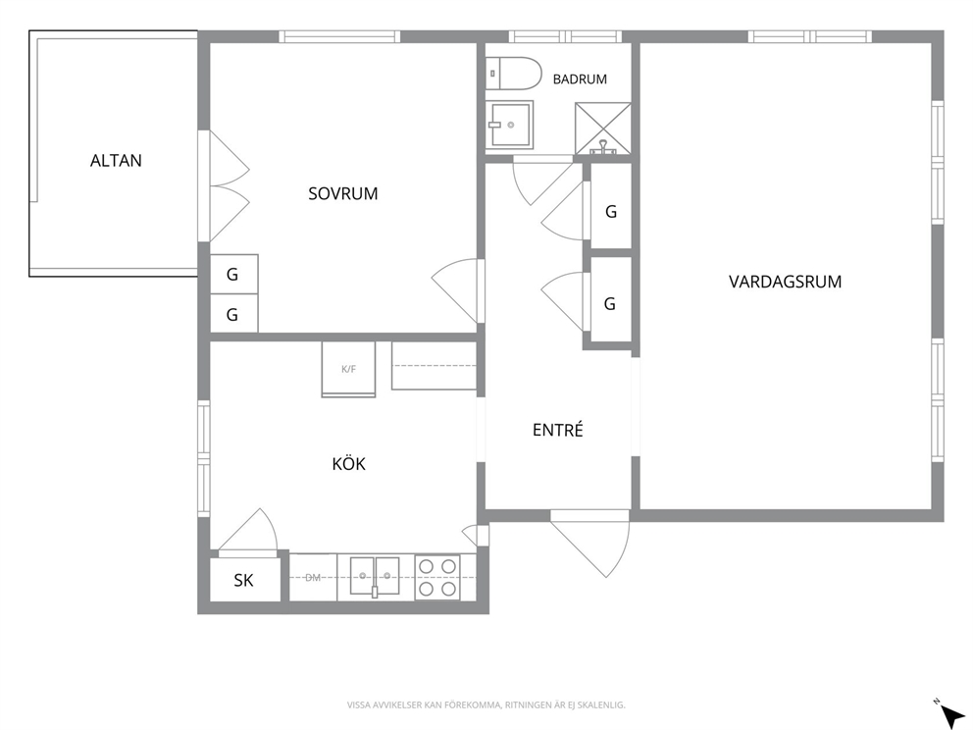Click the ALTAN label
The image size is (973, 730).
(x=116, y=161)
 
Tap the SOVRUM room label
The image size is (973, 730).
(x=343, y=193)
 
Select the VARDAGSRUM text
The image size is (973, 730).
(x=785, y=282)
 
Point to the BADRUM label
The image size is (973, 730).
(x=580, y=79)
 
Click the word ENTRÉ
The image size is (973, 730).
(x=558, y=430)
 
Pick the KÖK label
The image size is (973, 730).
(x=349, y=464)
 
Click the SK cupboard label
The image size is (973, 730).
(x=244, y=581)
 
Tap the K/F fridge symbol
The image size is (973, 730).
(x=349, y=369)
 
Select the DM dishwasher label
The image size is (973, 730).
(x=313, y=578)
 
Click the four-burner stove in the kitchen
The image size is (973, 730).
(x=437, y=577)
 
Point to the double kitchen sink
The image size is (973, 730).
(x=374, y=576)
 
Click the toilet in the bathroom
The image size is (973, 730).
(x=514, y=74)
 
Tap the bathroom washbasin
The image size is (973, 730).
(x=509, y=125)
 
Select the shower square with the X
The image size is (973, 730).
(x=603, y=129)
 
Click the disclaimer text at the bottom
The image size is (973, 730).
(x=486, y=705)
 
